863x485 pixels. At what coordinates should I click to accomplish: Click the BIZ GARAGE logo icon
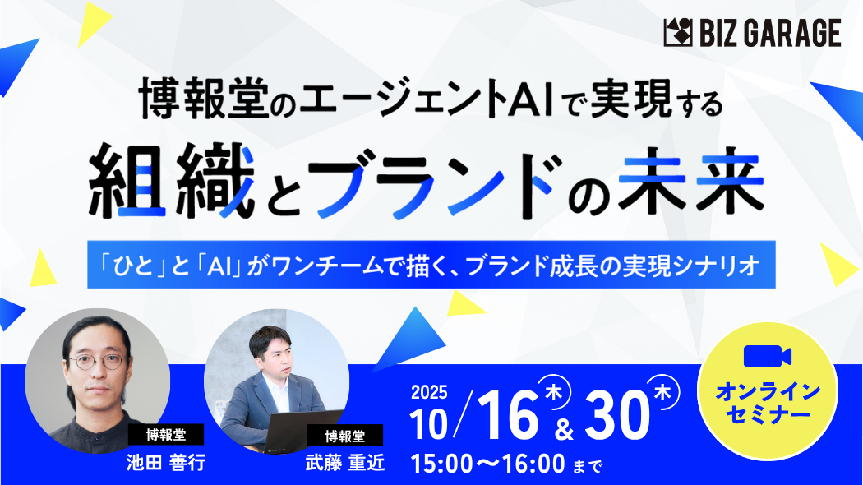[678, 33]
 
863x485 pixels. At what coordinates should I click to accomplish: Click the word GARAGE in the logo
[793, 33]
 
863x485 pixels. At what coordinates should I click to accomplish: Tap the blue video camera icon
[767, 357]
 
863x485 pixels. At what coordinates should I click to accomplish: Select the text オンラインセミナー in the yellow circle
[768, 404]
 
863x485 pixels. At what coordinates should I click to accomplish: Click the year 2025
[429, 392]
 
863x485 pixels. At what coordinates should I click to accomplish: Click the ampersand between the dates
[564, 428]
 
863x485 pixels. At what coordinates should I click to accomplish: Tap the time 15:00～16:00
[487, 464]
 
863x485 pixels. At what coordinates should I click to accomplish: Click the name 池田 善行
[166, 463]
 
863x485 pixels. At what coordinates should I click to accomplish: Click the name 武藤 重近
[345, 463]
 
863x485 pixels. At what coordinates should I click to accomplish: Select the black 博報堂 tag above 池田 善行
[166, 435]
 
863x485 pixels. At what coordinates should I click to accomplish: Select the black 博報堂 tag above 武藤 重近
[345, 436]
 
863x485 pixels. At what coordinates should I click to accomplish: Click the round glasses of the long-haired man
[98, 362]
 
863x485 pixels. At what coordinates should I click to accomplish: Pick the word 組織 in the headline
[172, 181]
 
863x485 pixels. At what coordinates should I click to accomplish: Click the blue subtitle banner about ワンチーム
[431, 265]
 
